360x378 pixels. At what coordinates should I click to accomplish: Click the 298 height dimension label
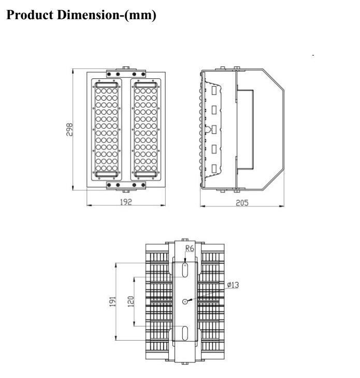click(69, 130)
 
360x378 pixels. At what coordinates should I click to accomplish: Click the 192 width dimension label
click(126, 202)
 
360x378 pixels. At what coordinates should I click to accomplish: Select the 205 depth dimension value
click(242, 203)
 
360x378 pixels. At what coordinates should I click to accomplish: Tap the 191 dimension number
click(113, 302)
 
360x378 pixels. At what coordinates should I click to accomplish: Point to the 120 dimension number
click(131, 301)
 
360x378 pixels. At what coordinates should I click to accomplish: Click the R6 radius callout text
click(190, 248)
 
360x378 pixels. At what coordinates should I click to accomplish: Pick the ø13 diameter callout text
click(233, 285)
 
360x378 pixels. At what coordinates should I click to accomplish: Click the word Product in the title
click(30, 15)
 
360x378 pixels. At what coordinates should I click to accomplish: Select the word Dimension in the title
click(88, 15)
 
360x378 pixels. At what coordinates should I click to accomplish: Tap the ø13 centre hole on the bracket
click(185, 301)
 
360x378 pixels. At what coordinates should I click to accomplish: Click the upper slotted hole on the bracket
click(185, 270)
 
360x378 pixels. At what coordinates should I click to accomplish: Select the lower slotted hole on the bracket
click(185, 333)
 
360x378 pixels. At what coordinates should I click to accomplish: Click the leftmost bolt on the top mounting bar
click(109, 74)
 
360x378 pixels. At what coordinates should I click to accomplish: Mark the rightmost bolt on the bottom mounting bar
click(143, 185)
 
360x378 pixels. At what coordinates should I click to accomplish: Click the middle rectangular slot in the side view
click(214, 130)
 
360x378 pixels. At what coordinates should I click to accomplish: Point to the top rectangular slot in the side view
click(214, 90)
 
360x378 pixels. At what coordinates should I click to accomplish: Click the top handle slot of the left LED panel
click(107, 85)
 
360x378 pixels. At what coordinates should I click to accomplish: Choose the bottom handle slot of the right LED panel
click(146, 174)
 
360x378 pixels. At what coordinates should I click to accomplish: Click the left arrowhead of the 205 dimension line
click(203, 206)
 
